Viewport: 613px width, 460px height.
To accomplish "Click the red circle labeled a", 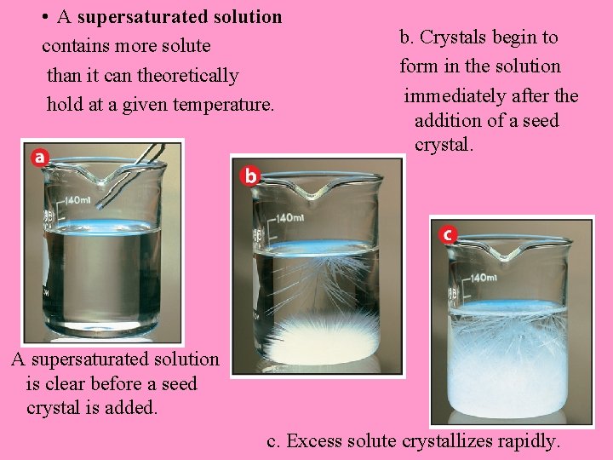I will click(40, 157).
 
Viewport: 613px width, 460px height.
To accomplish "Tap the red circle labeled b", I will click(250, 175).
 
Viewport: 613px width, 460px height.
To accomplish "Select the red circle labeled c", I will click(447, 233).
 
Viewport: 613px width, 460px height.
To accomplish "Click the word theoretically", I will click(187, 75).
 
